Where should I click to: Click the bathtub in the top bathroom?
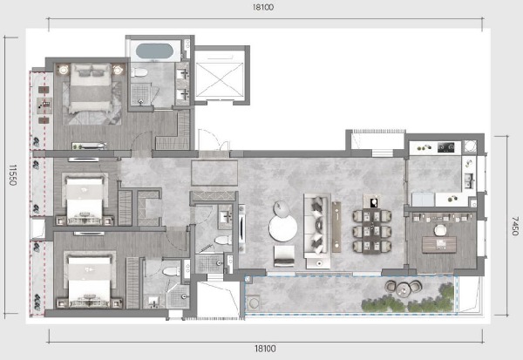point(154,51)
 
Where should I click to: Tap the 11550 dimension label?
point(13,174)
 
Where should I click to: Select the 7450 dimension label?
point(514,226)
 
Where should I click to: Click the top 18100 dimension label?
point(263,7)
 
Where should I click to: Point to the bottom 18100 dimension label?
point(265,349)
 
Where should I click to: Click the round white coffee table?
point(283,228)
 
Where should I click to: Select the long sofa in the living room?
point(317,231)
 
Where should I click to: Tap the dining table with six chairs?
point(371,231)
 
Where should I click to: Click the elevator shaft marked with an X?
point(221,80)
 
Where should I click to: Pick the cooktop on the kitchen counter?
point(445,146)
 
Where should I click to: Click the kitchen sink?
point(470,180)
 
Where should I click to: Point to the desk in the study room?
point(439,245)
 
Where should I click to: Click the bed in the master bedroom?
point(91,88)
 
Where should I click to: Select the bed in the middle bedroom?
point(85,200)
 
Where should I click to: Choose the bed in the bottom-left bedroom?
point(89,280)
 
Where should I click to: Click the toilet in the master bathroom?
point(139,72)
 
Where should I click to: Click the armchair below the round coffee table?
point(284,256)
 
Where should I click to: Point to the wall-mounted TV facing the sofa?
point(241,229)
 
